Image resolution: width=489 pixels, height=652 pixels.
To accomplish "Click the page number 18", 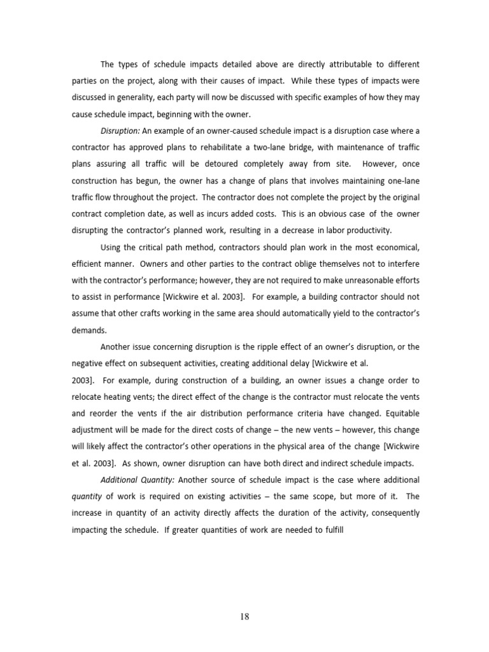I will click(244, 616).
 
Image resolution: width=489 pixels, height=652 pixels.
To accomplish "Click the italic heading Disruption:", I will click(120, 131).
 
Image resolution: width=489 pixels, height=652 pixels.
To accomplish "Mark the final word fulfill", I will click(333, 529).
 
